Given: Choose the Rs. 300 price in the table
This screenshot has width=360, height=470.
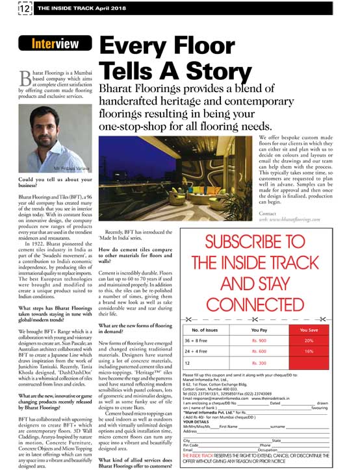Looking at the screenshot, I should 259,365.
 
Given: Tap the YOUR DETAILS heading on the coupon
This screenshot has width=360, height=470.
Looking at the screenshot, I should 198,420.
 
